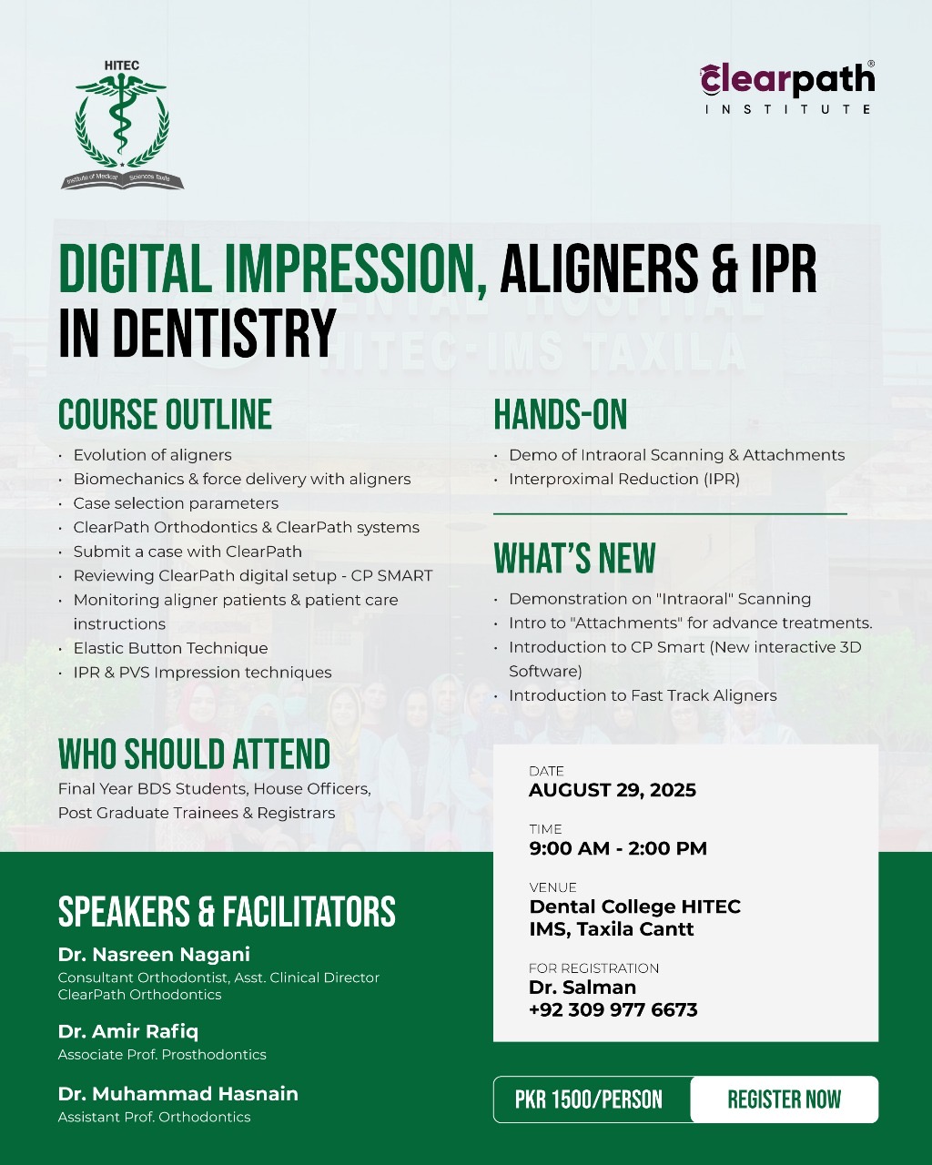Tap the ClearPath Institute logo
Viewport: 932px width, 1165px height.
[x=787, y=87]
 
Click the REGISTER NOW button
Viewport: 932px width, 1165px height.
[x=785, y=1099]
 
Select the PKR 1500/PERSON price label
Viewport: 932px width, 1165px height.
[x=589, y=1099]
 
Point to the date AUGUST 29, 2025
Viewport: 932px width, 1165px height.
[x=613, y=790]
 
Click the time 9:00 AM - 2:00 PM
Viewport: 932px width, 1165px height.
[x=618, y=848]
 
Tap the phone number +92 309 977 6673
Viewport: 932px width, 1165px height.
[x=613, y=1010]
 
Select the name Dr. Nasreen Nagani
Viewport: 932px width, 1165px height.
[x=154, y=955]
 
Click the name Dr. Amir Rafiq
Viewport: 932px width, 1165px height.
[x=128, y=1032]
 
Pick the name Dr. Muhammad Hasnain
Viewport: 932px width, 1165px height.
[x=178, y=1094]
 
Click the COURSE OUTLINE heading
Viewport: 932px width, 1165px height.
[x=165, y=415]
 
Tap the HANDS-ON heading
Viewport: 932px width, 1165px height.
[x=561, y=415]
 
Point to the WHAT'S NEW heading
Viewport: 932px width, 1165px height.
[x=574, y=558]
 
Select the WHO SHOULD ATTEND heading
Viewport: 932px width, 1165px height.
[x=194, y=754]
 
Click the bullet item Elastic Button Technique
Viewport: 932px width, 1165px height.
[x=170, y=648]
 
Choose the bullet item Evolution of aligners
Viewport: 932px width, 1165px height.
[x=153, y=455]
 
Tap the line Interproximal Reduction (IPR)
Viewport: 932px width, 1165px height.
[x=624, y=479]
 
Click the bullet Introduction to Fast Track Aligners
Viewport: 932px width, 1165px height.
[x=643, y=695]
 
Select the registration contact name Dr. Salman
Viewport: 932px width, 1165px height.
[x=582, y=988]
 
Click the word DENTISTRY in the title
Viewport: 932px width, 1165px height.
[x=224, y=333]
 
